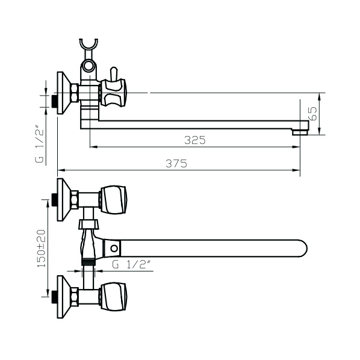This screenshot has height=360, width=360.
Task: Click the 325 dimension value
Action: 195,140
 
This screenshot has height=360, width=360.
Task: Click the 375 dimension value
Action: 176,164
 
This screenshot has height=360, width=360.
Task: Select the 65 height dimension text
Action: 312,113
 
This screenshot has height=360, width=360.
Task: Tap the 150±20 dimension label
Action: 42,249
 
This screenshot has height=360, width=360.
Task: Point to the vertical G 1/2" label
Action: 39,144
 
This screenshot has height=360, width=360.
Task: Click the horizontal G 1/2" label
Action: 131,265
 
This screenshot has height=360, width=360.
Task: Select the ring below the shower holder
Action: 88,66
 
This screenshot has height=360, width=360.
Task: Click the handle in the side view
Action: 113,93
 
